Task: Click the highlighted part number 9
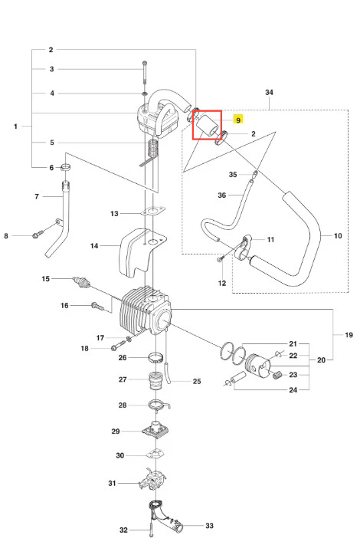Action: pyautogui.click(x=238, y=120)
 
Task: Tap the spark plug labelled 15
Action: pyautogui.click(x=82, y=282)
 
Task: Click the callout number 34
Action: pyautogui.click(x=269, y=93)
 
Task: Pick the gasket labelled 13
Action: pyautogui.click(x=152, y=211)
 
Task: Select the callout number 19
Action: pyautogui.click(x=349, y=335)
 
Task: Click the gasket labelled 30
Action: pyautogui.click(x=155, y=454)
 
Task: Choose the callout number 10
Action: pyautogui.click(x=338, y=236)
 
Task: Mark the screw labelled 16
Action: pyautogui.click(x=97, y=306)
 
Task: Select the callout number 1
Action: pyautogui.click(x=15, y=126)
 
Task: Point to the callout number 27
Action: pyautogui.click(x=123, y=379)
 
